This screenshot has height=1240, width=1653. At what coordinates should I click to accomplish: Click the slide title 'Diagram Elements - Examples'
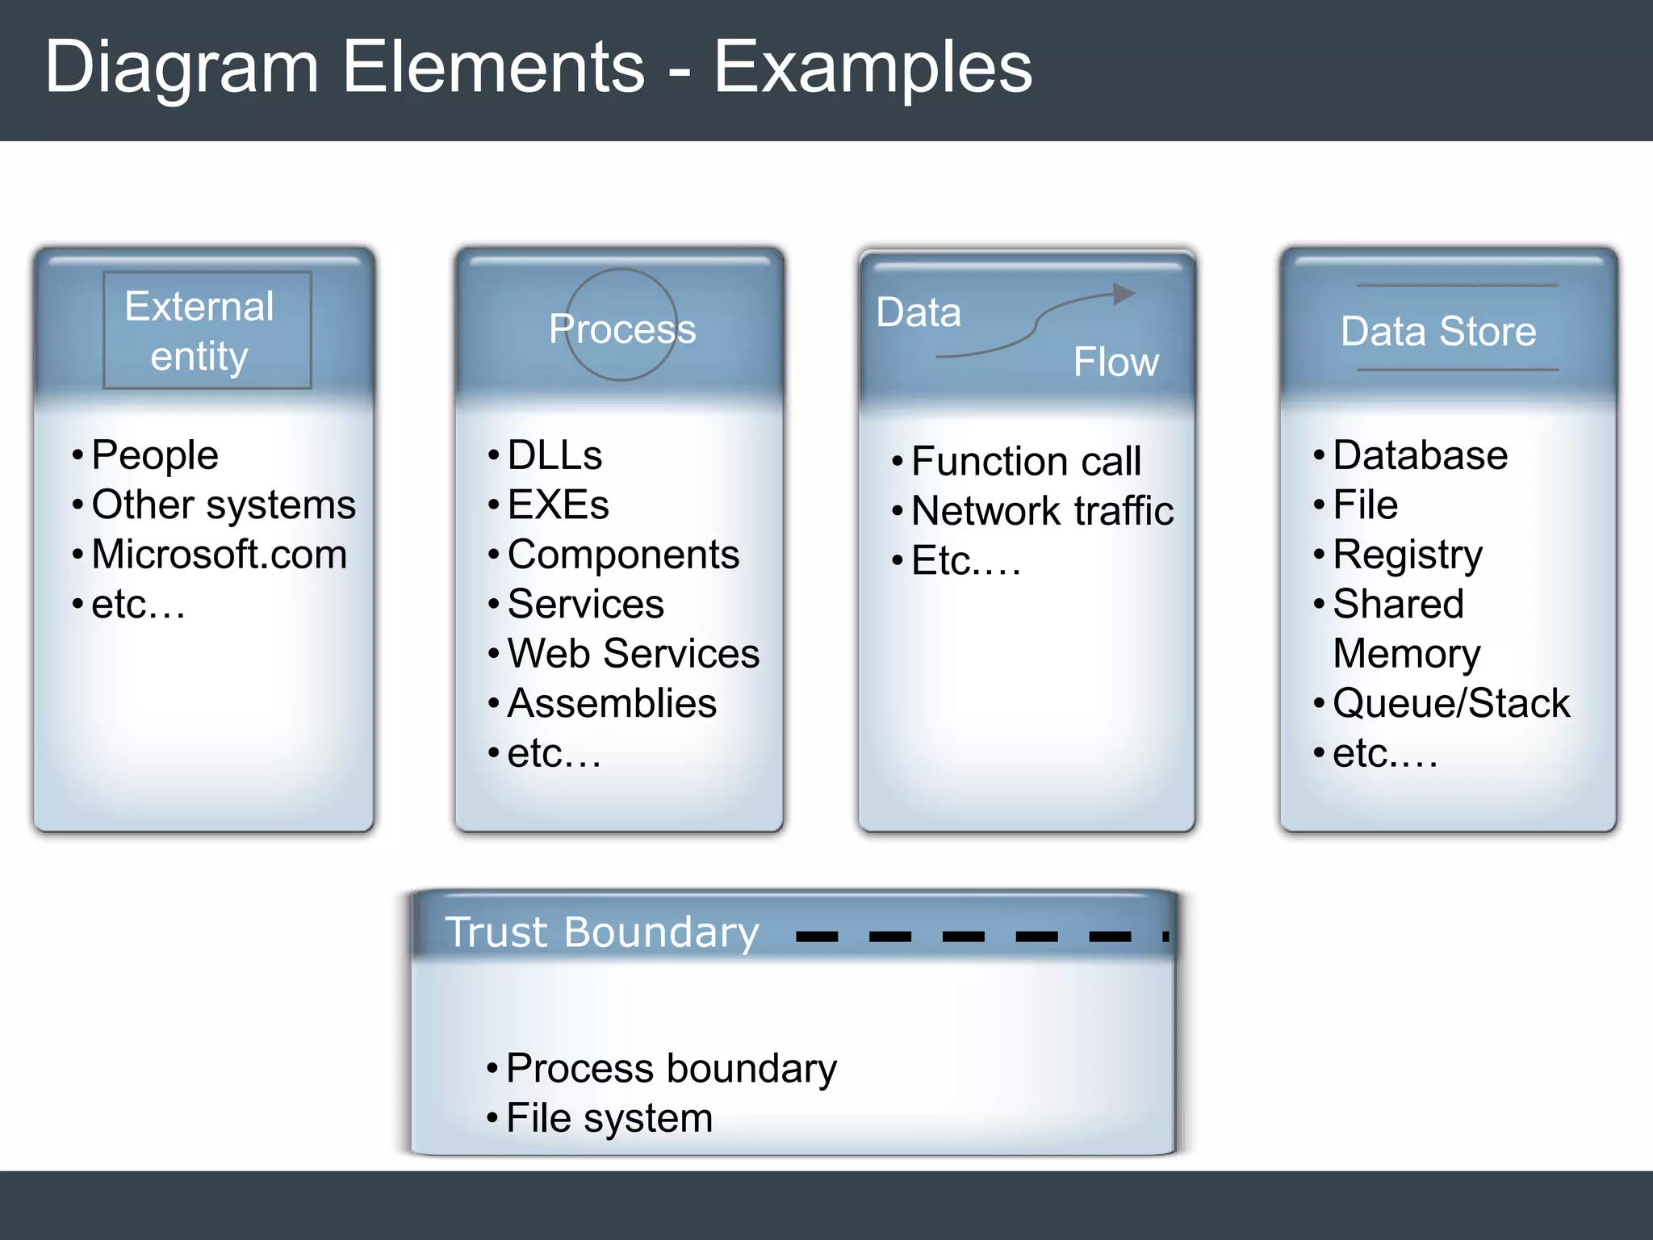(538, 68)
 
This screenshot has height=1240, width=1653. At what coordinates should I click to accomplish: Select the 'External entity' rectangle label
(199, 331)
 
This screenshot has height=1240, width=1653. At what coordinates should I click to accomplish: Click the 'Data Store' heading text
(1438, 331)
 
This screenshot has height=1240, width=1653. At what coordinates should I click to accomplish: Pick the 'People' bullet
(155, 455)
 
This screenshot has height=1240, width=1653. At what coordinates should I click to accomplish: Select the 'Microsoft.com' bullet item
(219, 555)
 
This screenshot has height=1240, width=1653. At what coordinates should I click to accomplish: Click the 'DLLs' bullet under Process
(554, 455)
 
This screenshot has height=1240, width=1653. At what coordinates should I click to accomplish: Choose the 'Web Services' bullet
(633, 653)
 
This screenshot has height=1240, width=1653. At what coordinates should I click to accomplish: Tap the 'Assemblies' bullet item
(612, 703)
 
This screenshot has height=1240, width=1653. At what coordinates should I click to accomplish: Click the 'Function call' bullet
(1026, 462)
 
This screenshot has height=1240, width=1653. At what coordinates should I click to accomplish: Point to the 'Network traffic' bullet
(1042, 511)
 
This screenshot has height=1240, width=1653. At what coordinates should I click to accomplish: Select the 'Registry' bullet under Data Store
(1408, 555)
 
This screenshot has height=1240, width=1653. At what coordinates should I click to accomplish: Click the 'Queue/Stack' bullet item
(1450, 703)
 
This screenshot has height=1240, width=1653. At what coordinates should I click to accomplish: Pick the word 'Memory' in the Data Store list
(1407, 654)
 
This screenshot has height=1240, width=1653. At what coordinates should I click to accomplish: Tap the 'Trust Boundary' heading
(602, 932)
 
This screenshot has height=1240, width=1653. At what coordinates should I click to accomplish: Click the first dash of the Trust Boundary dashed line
(817, 936)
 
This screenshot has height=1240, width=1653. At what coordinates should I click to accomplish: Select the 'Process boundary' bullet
(671, 1069)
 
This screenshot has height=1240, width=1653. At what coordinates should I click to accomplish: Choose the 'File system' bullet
(609, 1119)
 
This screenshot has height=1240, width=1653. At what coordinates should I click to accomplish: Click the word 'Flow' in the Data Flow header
(1115, 362)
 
